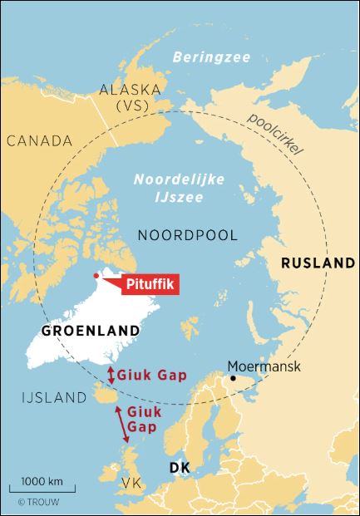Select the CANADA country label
click(x=39, y=140)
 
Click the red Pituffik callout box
click(x=151, y=285)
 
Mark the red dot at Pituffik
click(x=97, y=276)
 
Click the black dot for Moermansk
click(x=234, y=379)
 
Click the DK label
click(x=180, y=469)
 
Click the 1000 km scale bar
click(x=42, y=489)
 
